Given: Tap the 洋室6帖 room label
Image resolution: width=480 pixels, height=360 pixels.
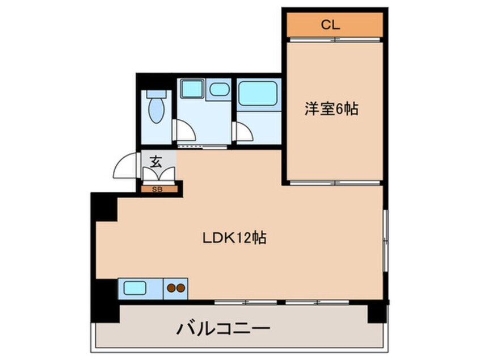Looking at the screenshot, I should [x=331, y=110].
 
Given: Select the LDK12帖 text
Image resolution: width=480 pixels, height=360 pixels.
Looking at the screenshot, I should [x=235, y=237].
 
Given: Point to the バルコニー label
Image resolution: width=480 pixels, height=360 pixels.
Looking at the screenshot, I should [x=223, y=328].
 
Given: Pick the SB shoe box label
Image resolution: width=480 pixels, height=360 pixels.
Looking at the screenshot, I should [x=157, y=190].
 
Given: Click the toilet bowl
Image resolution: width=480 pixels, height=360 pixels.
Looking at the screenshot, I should [x=155, y=108].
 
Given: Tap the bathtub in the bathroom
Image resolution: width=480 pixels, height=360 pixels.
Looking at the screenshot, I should [x=258, y=93].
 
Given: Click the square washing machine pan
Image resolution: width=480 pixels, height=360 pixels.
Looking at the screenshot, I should [x=192, y=89].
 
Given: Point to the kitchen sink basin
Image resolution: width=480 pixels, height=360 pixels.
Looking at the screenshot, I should [x=135, y=288].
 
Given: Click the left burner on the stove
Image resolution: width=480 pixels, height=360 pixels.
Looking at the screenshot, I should [x=171, y=288].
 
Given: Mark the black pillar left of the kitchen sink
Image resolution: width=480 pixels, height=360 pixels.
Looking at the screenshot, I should [x=104, y=295].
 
